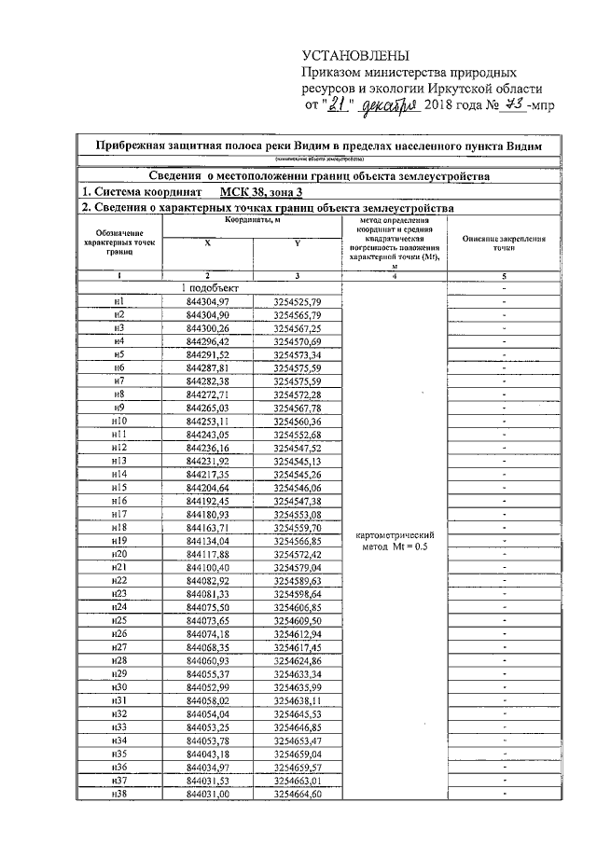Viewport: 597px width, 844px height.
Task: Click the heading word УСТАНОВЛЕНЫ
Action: pyautogui.click(x=355, y=57)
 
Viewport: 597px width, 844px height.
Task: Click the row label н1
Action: pyautogui.click(x=118, y=302)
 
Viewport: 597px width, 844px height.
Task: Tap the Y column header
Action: pyautogui.click(x=298, y=242)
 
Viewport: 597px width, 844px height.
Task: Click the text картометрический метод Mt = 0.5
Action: pyautogui.click(x=396, y=541)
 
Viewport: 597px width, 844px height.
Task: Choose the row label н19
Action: pyautogui.click(x=118, y=541)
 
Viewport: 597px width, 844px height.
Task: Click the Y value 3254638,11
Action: pyautogui.click(x=298, y=699)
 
